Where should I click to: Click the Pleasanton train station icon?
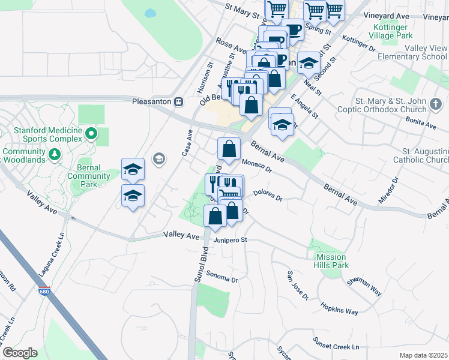coord(178,101)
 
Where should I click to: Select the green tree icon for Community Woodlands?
coord(55,155)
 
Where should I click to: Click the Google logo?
coord(20,353)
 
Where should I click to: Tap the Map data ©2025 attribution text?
coord(423,355)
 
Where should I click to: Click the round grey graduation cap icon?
coord(159,158)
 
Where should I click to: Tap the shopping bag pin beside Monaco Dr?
coord(229,148)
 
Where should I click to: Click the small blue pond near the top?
coord(150,12)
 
